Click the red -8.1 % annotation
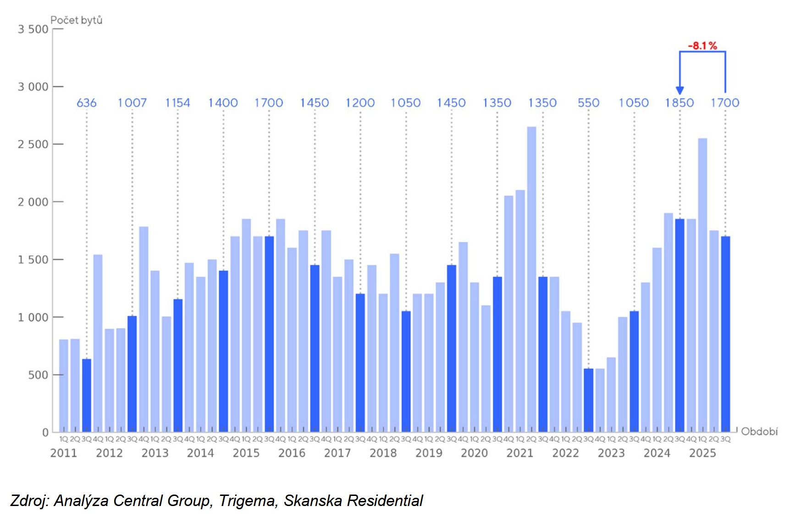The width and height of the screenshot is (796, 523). click(702, 45)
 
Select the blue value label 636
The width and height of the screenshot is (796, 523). click(86, 103)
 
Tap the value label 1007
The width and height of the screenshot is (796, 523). click(132, 103)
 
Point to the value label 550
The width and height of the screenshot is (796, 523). click(588, 103)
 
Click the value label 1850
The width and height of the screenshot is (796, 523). click(680, 103)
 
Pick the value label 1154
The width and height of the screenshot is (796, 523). click(177, 103)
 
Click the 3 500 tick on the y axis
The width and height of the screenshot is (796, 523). click(33, 29)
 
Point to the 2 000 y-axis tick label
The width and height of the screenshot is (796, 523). click(33, 202)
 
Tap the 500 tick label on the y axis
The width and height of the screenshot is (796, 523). click(38, 375)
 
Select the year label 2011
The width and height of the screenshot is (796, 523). click(64, 453)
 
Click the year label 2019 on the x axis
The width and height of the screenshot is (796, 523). click(429, 453)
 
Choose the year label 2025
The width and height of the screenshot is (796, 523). click(702, 453)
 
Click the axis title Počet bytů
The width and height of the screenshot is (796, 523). click(76, 20)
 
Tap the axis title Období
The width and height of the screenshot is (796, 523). click(759, 432)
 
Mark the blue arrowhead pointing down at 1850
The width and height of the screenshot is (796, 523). click(680, 90)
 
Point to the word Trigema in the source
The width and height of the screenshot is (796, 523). click(248, 501)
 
